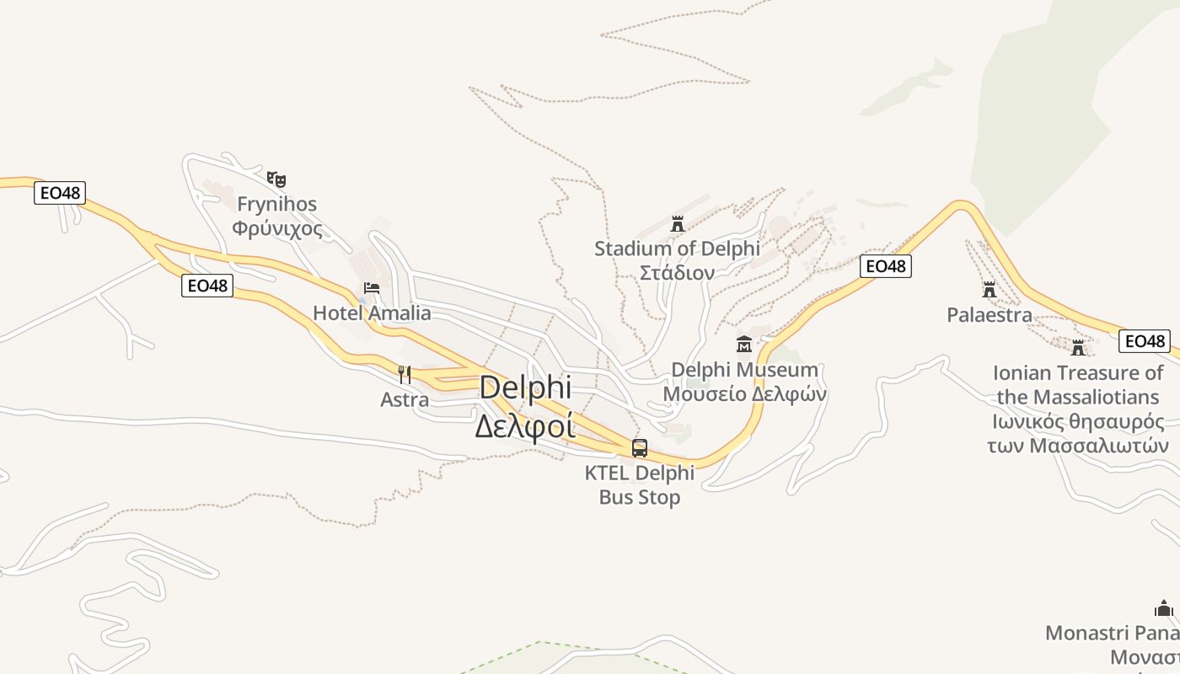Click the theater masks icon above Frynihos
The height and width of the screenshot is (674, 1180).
pos(276,179)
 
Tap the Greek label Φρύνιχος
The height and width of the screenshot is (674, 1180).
pos(277,228)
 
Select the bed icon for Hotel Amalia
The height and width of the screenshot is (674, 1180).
pos(371,288)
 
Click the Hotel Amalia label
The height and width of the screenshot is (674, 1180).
pos(372,313)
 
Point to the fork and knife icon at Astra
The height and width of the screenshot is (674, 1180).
pos(405,374)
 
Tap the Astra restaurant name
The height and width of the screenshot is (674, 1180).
pos(405,399)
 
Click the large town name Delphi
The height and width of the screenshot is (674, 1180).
pos(525,388)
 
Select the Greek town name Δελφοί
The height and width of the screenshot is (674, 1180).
pos(524,425)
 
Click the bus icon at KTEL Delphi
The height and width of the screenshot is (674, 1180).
pos(640,447)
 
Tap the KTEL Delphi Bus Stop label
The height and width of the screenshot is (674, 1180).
pos(640,484)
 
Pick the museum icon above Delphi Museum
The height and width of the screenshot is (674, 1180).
pos(744,344)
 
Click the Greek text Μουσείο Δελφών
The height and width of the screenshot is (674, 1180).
pos(744,394)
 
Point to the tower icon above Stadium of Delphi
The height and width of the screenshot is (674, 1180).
pos(677,223)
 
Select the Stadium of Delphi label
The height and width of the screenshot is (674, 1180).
pos(677,249)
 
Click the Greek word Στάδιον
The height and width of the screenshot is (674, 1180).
pos(677,273)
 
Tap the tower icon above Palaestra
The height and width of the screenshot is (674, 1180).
pos(990,290)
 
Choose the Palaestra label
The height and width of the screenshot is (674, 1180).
pos(990,315)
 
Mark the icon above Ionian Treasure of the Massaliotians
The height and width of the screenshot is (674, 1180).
pos(1078,347)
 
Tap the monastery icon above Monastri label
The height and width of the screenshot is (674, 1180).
pos(1164,608)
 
